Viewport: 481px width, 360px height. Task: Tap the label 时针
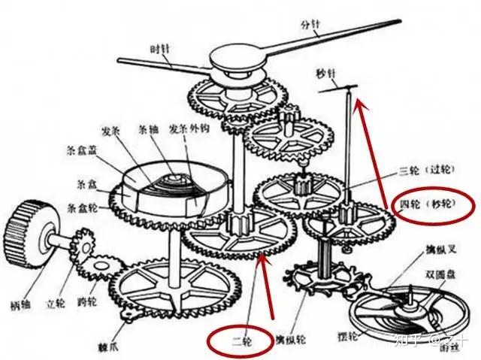(160, 49)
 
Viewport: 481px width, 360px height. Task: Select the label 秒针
(327, 74)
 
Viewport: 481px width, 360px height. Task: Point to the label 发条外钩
(183, 128)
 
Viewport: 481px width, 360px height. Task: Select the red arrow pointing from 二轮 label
(253, 293)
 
